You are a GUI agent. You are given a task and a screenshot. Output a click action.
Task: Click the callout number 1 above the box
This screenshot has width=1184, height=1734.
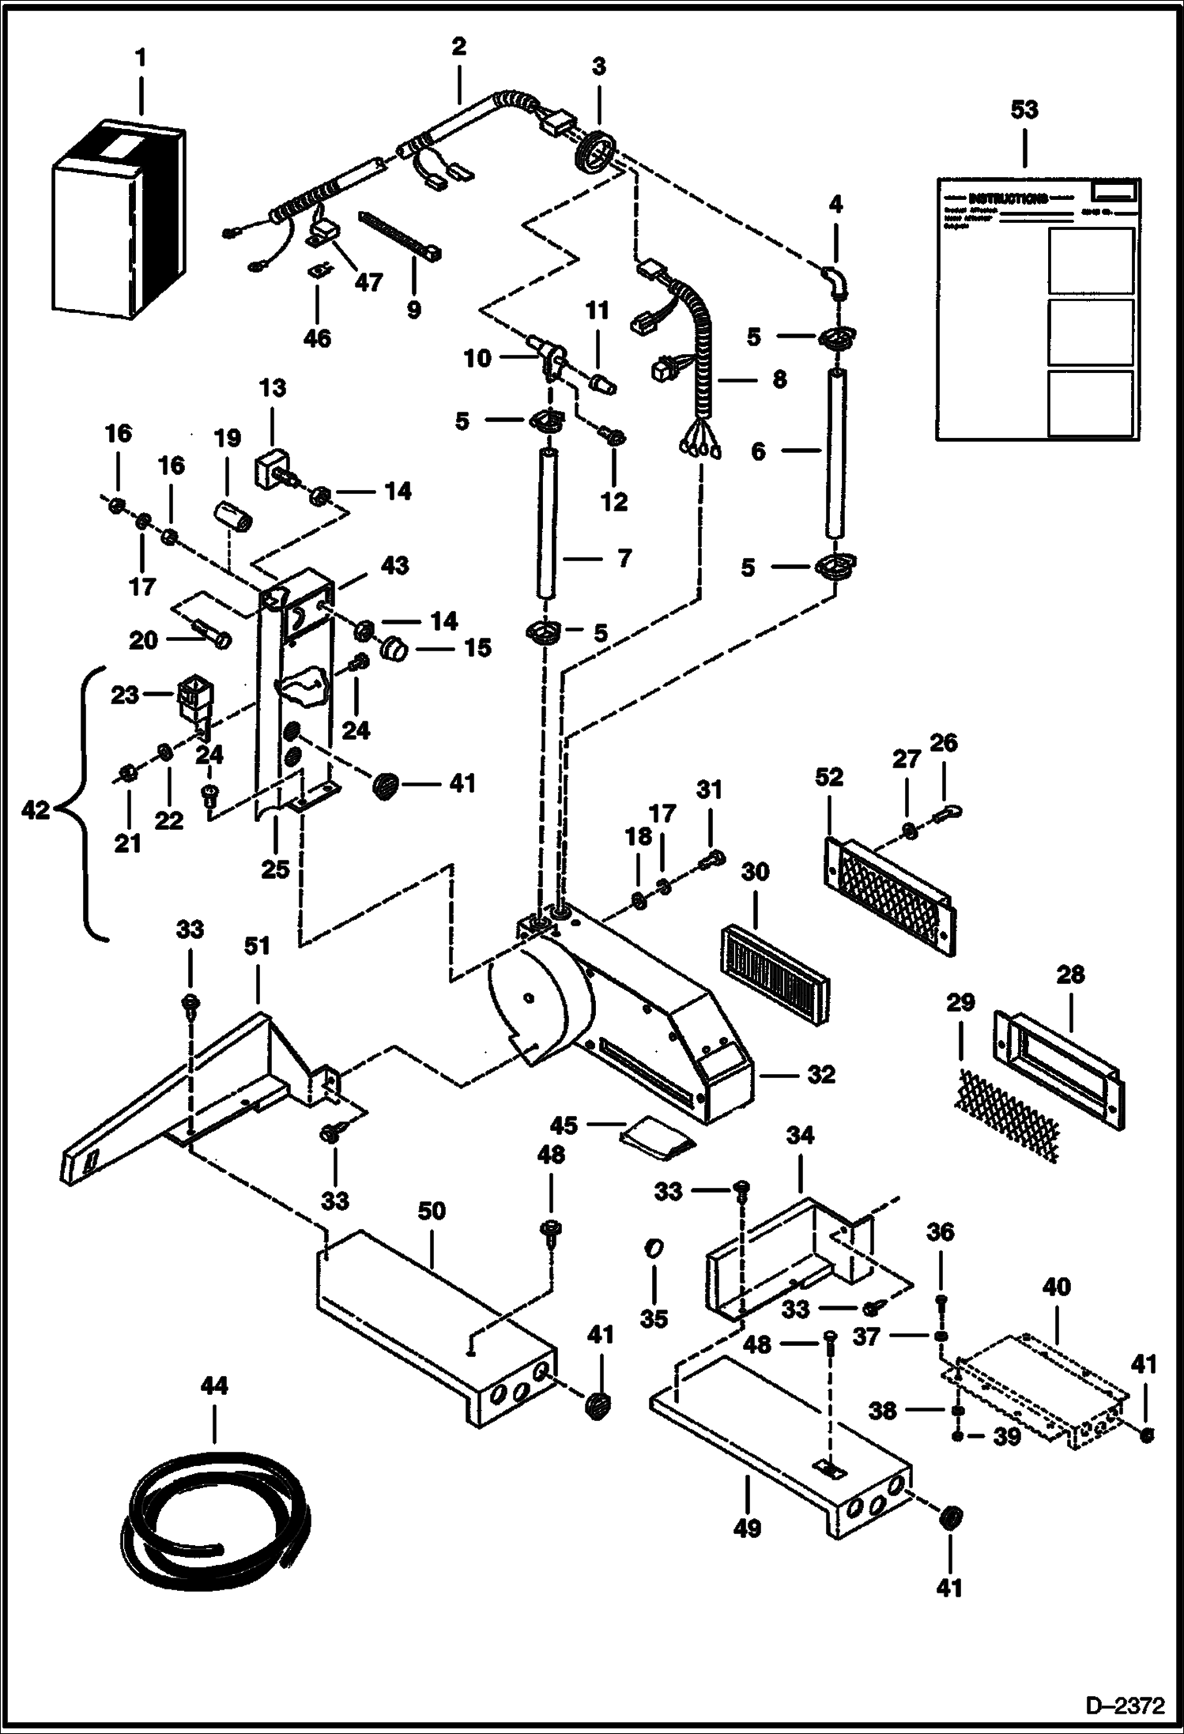pos(141,58)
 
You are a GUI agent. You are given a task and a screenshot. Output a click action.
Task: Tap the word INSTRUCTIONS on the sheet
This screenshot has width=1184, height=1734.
pos(1008,198)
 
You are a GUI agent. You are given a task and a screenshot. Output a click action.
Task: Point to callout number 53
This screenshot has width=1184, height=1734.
pos(1024,110)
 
